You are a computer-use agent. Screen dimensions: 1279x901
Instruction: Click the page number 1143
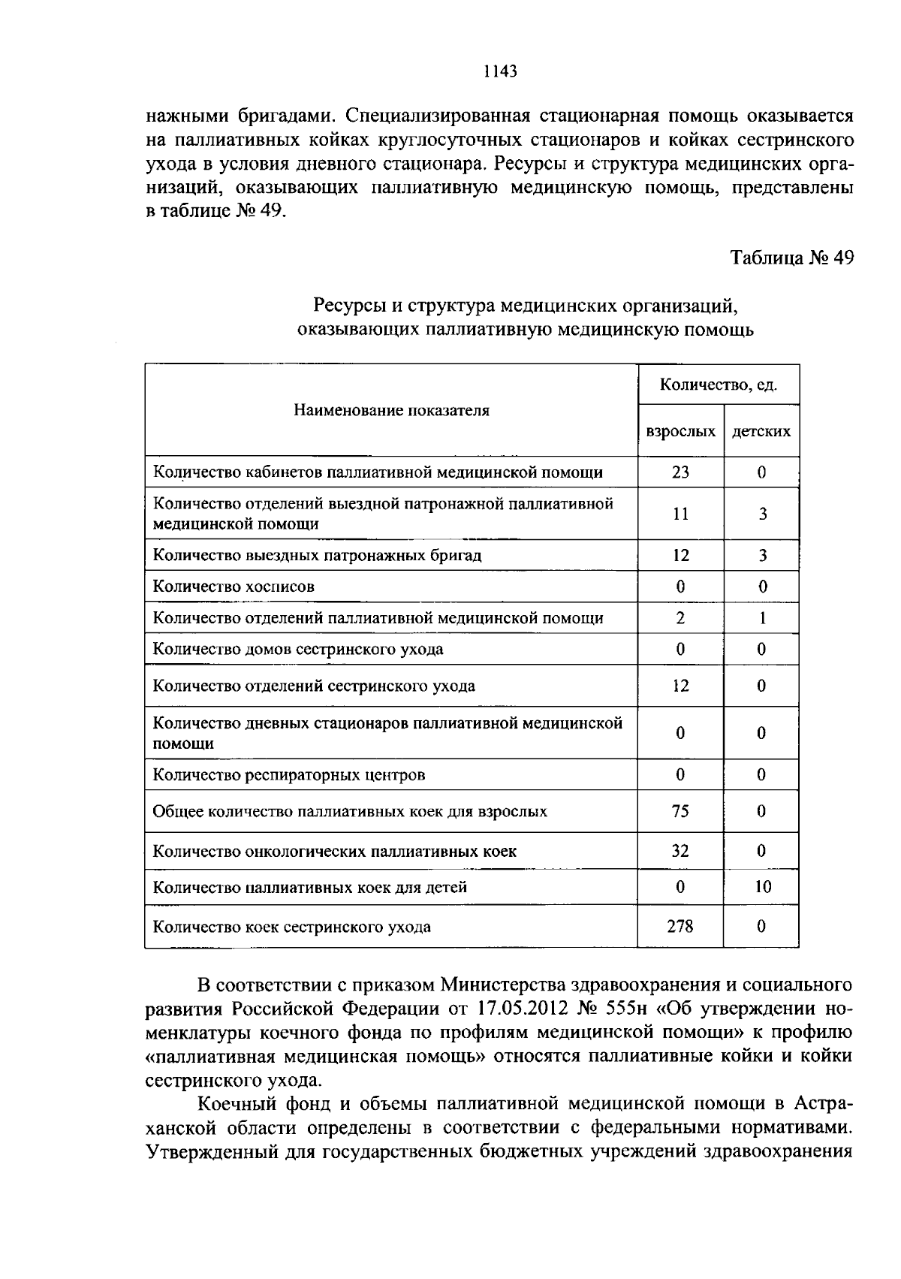click(x=500, y=71)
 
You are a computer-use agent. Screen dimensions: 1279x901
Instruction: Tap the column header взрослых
click(x=680, y=432)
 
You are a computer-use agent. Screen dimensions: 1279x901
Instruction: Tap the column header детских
click(x=761, y=432)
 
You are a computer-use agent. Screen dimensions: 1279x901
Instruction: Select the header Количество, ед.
click(x=718, y=385)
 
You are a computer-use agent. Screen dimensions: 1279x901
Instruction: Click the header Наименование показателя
click(x=391, y=410)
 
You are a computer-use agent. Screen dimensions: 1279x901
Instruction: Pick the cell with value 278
click(x=680, y=926)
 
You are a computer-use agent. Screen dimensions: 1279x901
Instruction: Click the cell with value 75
click(x=680, y=811)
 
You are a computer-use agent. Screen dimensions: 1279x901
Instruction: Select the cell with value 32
click(x=680, y=851)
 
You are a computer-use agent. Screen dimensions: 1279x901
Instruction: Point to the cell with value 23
click(x=680, y=472)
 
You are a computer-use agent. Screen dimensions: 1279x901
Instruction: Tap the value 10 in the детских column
click(x=762, y=887)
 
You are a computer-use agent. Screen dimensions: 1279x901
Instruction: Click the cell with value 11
click(x=680, y=514)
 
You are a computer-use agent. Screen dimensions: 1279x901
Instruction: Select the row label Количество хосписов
click(x=234, y=587)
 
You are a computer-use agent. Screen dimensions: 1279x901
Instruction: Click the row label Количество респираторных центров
click(x=289, y=774)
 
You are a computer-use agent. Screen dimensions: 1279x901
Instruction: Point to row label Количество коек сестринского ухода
click(x=292, y=926)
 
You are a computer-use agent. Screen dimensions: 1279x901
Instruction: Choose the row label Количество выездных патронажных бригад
click(x=317, y=556)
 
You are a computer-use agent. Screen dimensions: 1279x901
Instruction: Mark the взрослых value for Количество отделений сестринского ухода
click(x=680, y=686)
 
